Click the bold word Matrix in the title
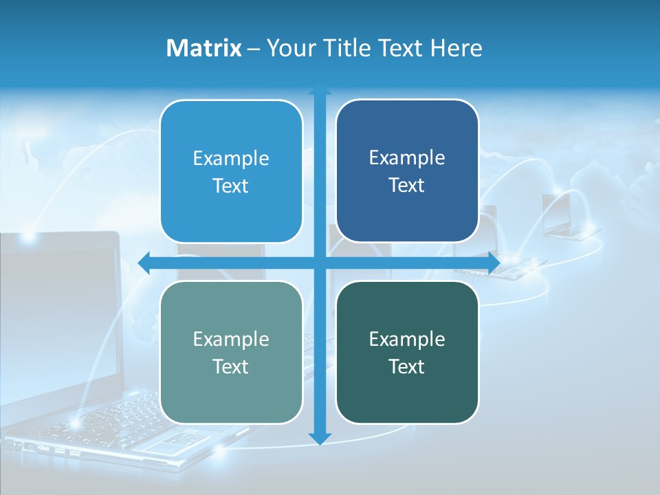(x=203, y=48)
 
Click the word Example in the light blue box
(x=231, y=159)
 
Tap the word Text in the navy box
(x=407, y=186)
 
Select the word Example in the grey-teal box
(x=231, y=339)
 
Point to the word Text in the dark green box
(x=407, y=366)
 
